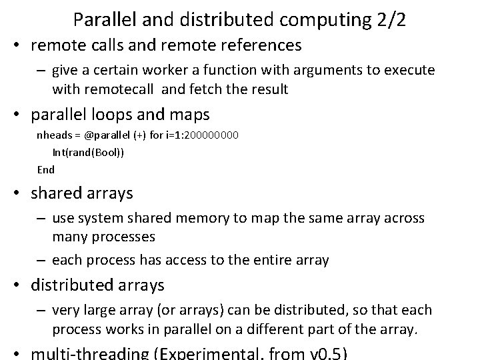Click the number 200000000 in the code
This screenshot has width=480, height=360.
[x=207, y=135]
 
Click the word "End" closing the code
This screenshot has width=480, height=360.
[x=45, y=169]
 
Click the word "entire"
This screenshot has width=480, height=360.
[x=268, y=261]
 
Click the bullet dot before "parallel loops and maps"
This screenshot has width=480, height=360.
[x=19, y=115]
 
